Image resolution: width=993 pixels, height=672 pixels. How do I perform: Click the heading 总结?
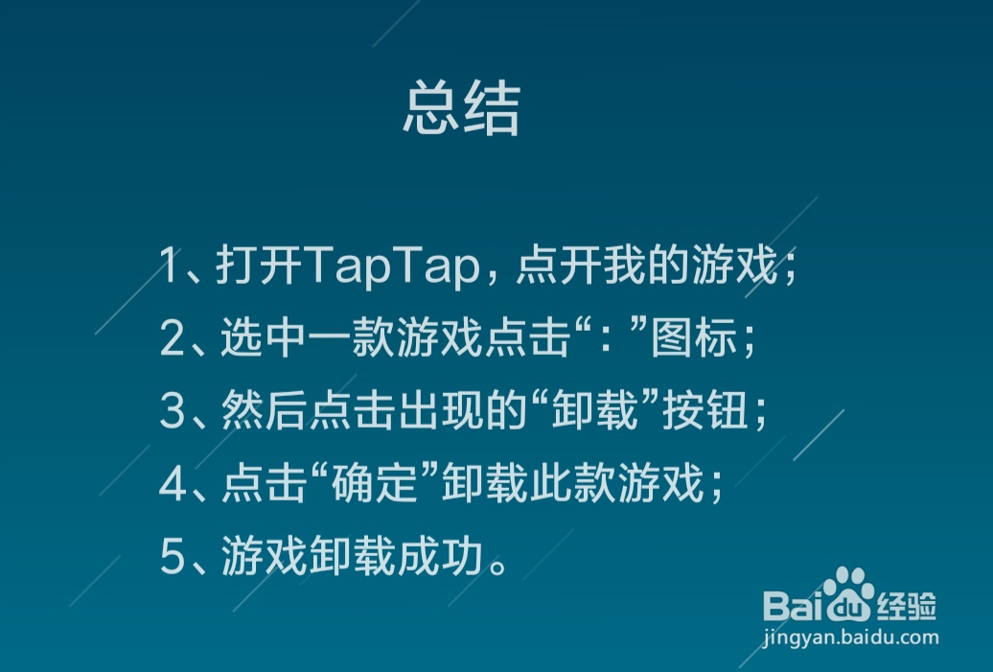tap(461, 109)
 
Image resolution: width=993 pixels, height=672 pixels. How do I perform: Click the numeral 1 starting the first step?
tap(170, 267)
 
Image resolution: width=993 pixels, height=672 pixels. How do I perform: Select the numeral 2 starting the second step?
tap(172, 340)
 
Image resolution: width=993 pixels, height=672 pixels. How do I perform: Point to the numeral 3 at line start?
tap(172, 413)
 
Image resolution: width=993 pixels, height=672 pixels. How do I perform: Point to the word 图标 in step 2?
tap(694, 340)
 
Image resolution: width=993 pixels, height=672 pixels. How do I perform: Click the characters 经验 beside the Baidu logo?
tap(906, 606)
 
